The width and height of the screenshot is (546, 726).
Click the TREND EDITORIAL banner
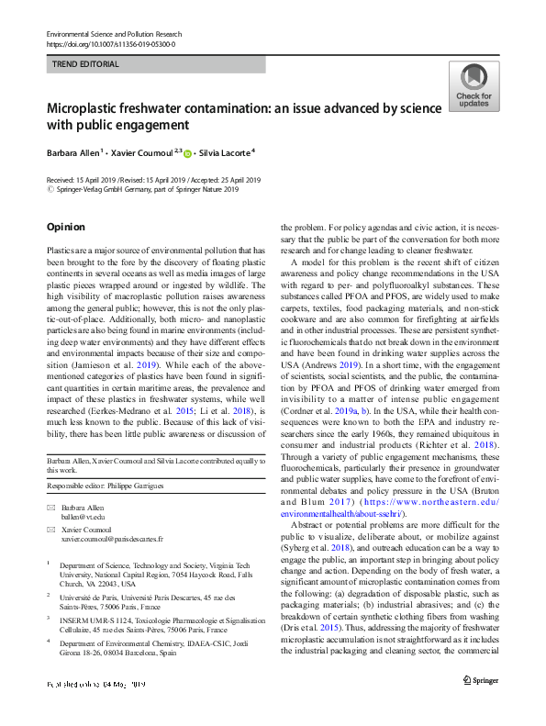pos(156,64)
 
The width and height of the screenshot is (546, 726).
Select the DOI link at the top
pos(110,43)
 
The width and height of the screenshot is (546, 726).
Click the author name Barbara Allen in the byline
pos(76,152)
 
